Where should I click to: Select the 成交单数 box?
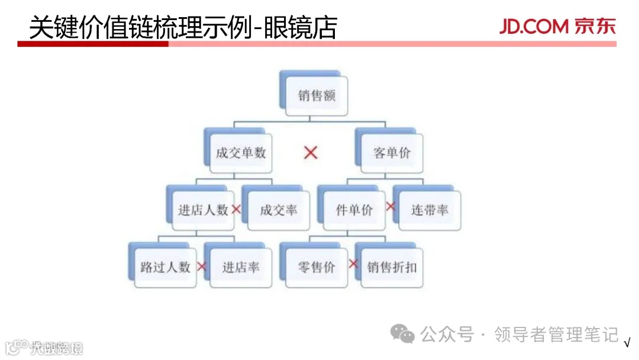coord(241,153)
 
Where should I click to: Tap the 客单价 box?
coord(392,153)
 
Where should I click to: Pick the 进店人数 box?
coord(203,210)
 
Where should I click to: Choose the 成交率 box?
coord(279,210)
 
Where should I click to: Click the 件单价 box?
coord(354,210)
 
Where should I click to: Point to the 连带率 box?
coord(430,210)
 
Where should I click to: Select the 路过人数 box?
coord(165,267)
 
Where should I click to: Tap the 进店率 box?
coord(241,267)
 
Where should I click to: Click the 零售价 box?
coord(317,267)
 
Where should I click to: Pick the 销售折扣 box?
coord(392,267)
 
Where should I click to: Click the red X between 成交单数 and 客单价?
coord(311,153)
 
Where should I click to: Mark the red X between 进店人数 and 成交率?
coord(236,209)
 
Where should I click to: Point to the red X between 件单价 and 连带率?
coord(390,206)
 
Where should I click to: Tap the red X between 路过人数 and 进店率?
coord(202,267)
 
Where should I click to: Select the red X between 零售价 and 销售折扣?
coord(353,263)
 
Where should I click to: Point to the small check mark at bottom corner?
coord(627,343)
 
